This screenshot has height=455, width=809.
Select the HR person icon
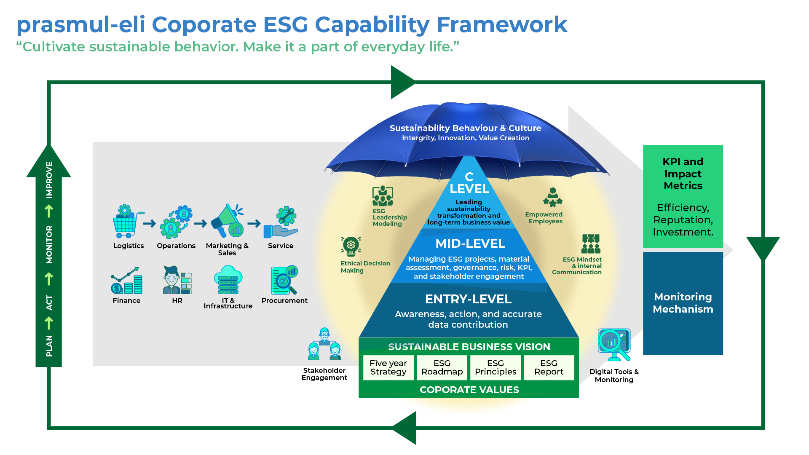tap(177, 280)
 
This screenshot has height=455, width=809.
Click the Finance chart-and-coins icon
tap(126, 281)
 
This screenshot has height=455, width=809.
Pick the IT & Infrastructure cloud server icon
tap(228, 279)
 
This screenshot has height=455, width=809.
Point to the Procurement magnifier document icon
tap(284, 280)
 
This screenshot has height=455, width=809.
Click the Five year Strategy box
tap(388, 367)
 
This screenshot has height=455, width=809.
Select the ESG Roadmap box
tap(442, 367)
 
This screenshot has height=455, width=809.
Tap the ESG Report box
tap(549, 367)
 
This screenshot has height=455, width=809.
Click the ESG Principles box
tap(495, 367)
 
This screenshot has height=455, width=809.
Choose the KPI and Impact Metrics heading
tap(683, 174)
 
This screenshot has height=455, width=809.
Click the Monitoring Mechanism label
tap(683, 303)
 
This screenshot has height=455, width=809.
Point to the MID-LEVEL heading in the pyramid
tap(470, 244)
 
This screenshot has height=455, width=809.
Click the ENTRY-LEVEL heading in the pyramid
tap(468, 299)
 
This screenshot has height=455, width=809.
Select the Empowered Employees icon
tap(552, 197)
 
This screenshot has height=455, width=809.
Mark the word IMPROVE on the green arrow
tap(49, 180)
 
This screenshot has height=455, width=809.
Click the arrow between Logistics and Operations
tap(149, 223)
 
